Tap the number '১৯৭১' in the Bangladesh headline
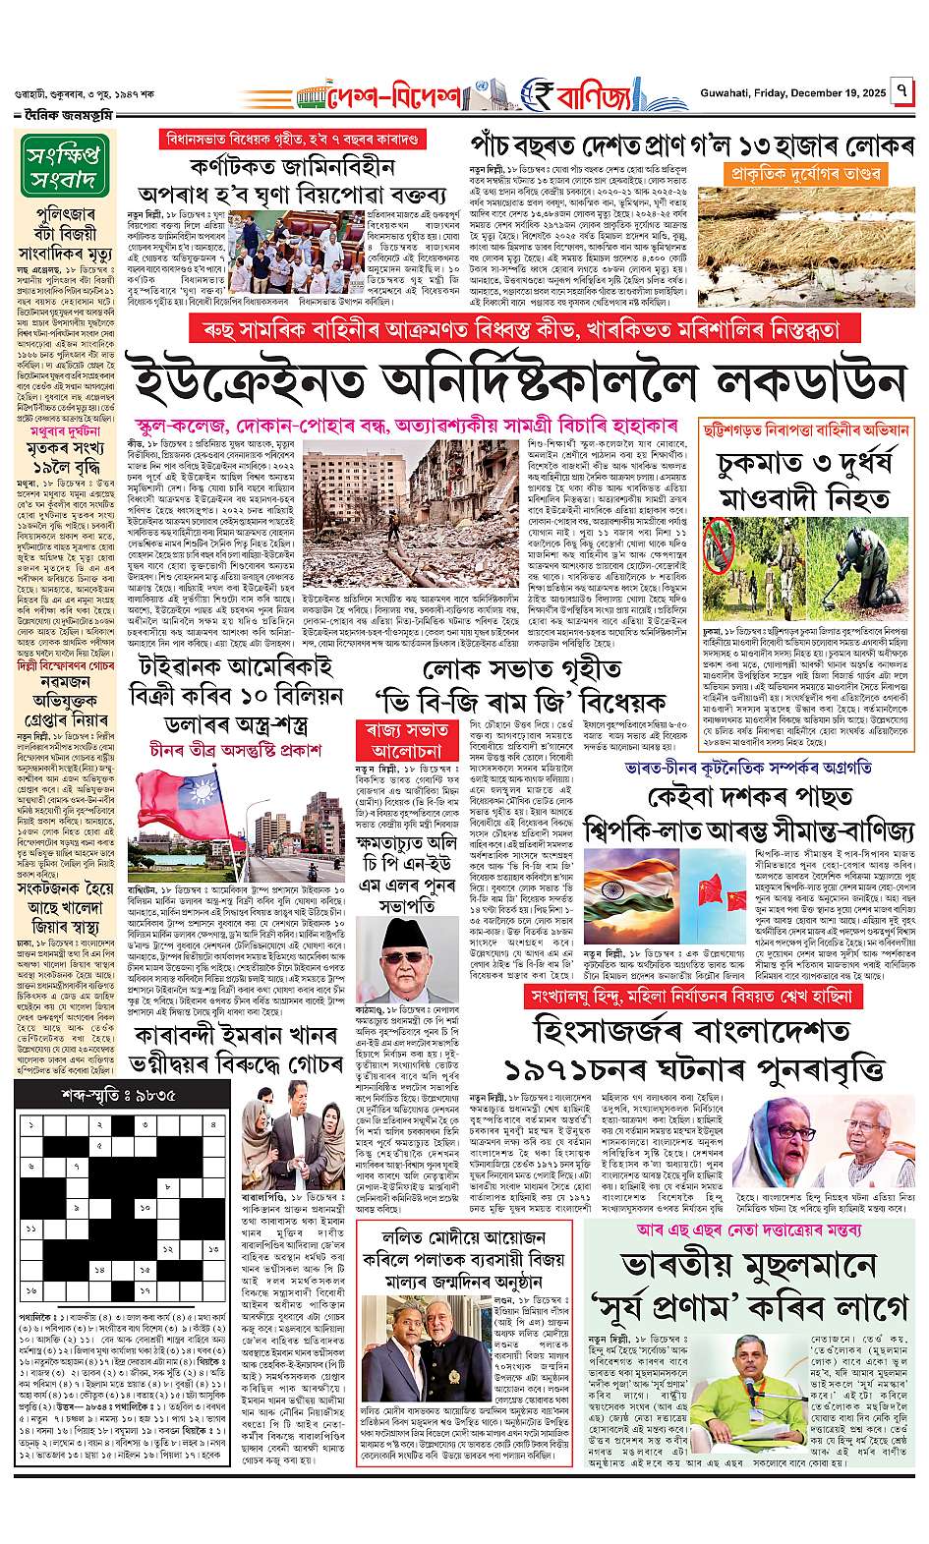554,1068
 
